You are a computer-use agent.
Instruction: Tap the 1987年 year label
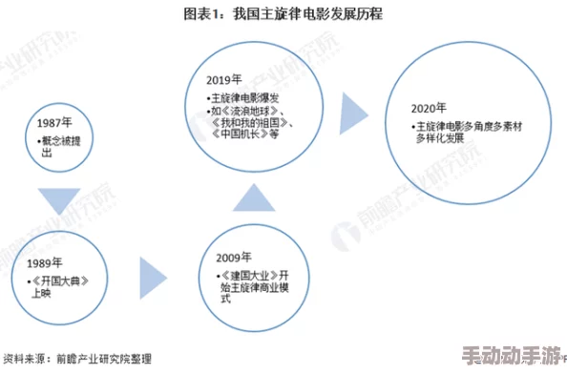coord(54,124)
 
